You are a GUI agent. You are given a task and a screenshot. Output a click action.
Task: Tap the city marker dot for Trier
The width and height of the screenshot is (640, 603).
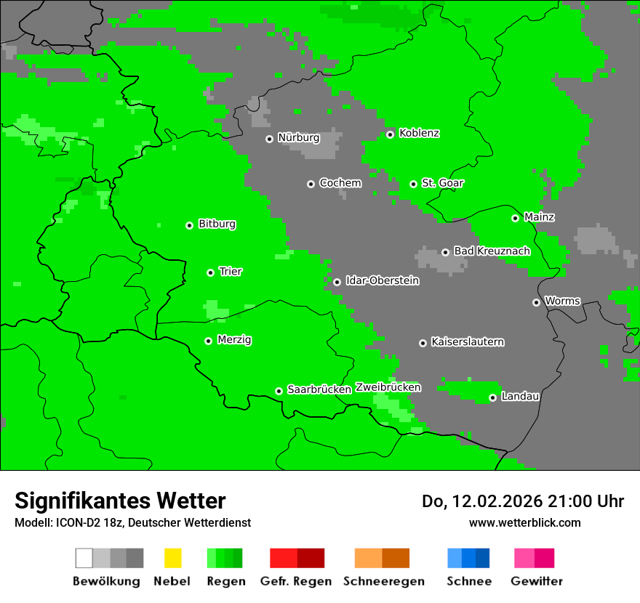[210, 272]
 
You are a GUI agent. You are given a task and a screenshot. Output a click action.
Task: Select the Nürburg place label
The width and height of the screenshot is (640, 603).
[298, 137]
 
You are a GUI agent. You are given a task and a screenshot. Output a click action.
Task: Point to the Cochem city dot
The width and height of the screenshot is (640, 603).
[311, 184]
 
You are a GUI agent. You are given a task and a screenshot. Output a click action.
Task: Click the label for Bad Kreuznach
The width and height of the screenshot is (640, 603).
[492, 251]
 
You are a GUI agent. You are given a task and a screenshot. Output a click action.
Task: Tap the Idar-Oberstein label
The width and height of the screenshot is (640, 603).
[382, 280]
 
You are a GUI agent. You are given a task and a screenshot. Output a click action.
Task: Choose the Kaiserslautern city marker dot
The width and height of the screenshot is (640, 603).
[423, 343]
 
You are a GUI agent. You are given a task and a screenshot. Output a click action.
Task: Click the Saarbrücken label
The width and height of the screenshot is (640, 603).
[319, 389]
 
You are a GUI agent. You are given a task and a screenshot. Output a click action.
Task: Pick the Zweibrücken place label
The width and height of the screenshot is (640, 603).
[388, 387]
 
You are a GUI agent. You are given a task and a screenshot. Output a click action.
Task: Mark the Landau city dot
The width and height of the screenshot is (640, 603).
[492, 397]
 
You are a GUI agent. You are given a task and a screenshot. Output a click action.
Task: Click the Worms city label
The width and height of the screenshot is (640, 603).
[562, 301]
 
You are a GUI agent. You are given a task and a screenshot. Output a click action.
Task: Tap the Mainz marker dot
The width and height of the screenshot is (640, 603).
[515, 218]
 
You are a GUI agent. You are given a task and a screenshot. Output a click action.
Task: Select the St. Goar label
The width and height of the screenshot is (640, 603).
[442, 183]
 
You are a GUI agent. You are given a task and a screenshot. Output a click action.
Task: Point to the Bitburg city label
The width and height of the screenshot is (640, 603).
[217, 224]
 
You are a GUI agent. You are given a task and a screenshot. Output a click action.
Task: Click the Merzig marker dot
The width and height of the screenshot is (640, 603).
[208, 341]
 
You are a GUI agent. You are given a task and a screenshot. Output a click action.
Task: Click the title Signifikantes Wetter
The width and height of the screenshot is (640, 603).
[120, 501]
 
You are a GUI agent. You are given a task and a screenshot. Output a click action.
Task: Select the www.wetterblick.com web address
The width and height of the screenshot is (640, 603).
[524, 522]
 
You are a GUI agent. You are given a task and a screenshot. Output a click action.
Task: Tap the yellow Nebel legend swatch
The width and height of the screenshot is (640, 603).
[172, 558]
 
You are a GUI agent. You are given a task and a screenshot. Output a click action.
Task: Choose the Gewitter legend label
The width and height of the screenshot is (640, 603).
[537, 581]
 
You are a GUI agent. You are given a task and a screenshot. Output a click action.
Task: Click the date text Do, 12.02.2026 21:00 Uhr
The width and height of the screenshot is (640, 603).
[522, 501]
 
